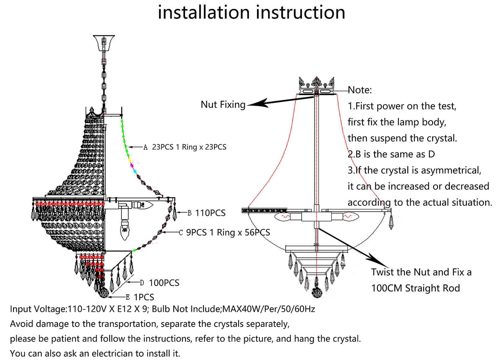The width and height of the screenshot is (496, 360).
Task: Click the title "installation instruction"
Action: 251,12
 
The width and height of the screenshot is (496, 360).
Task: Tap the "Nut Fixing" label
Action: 223,104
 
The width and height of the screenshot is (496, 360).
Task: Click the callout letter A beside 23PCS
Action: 145,148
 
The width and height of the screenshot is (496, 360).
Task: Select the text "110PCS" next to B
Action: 211,213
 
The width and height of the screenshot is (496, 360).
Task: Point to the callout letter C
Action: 181,233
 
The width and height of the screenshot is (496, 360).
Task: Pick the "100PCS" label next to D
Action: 165,283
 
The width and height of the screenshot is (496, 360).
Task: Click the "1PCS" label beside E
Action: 144,298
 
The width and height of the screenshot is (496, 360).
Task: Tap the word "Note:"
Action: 360,90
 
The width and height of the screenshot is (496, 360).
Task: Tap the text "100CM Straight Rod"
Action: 415,288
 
